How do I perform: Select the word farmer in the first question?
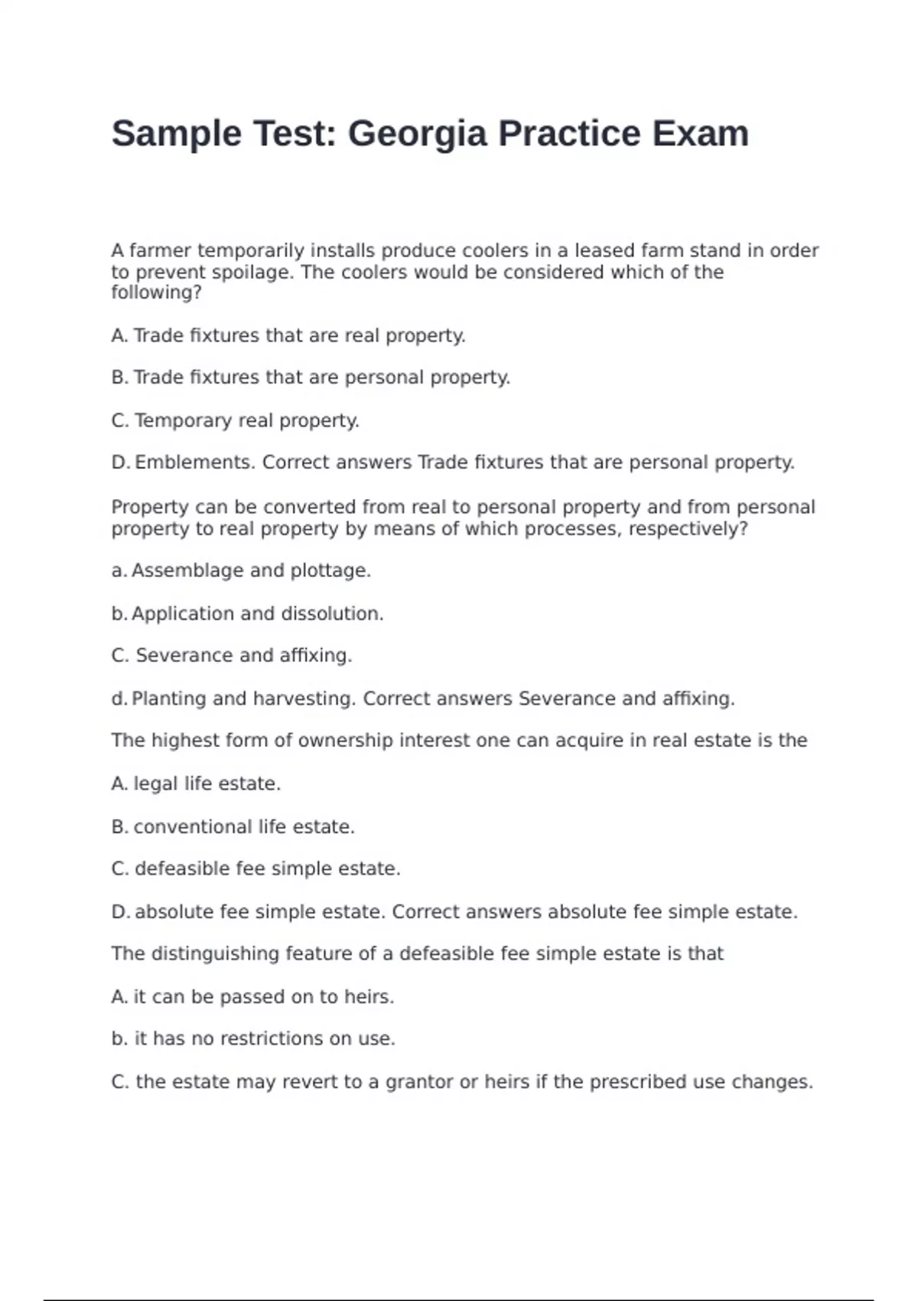click(160, 251)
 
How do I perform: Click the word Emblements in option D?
click(194, 463)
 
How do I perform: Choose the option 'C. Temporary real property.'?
click(236, 421)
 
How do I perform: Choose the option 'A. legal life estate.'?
click(196, 784)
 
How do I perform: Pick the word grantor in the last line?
click(418, 1082)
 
